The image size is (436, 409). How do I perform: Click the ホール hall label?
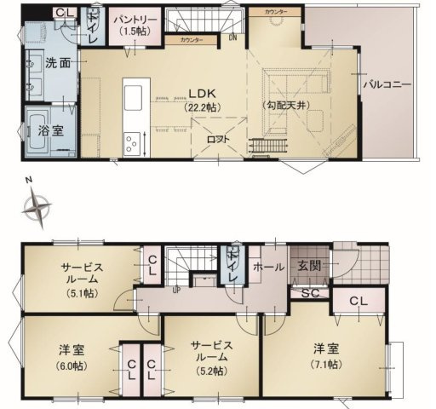click(x=270, y=267)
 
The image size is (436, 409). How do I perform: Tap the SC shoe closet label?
click(x=309, y=294)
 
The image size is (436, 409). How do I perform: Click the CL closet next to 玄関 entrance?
click(x=357, y=301)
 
